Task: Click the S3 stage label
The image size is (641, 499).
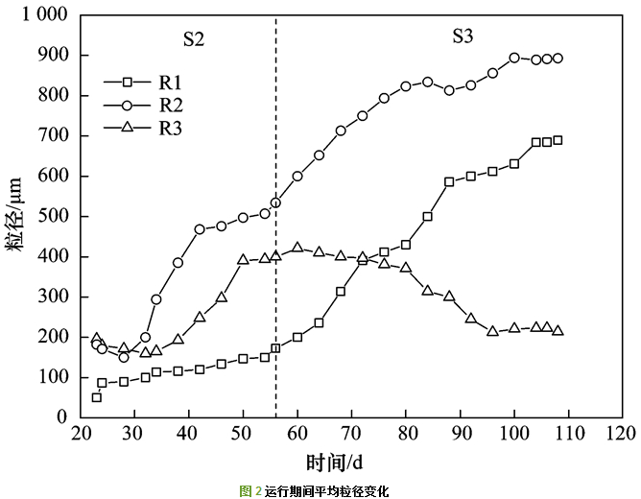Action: coord(463,36)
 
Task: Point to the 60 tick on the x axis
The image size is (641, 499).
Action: coord(297,433)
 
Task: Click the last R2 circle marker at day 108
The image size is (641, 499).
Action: coord(558,59)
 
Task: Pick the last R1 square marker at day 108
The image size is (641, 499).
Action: coord(558,140)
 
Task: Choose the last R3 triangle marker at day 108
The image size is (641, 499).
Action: coord(558,330)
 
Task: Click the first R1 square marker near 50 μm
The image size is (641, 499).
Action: coord(96,397)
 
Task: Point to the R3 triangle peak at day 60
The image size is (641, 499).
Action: coord(297,248)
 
